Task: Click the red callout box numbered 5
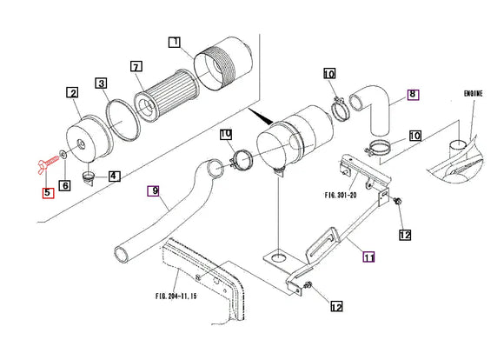point(48,193)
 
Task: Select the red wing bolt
point(48,163)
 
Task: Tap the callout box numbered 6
point(64,185)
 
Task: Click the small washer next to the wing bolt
point(63,153)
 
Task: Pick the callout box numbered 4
point(114,176)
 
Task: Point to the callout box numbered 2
point(73,93)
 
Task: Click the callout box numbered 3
point(102,83)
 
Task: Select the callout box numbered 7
point(136,66)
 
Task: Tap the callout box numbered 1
point(175,42)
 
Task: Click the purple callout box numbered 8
point(413,94)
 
